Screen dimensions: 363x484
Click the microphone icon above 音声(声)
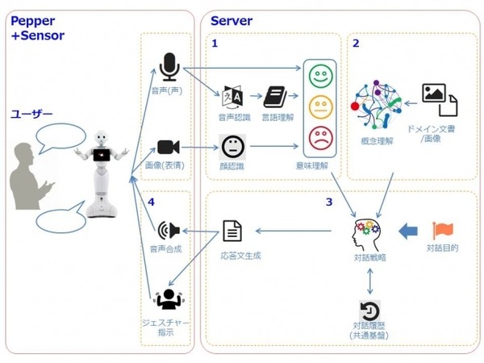coord(169,65)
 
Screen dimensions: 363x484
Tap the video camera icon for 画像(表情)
coord(168,147)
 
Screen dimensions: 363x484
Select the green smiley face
coord(320,77)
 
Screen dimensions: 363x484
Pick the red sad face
coord(320,135)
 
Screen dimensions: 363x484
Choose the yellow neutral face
coord(320,106)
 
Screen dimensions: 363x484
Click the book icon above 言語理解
coord(275,97)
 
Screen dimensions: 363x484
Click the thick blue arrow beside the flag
coord(411,231)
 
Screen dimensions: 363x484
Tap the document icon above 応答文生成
coord(232,232)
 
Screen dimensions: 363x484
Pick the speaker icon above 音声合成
coord(169,231)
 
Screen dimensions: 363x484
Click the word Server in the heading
coord(231,20)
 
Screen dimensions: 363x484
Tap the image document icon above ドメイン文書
coord(440,99)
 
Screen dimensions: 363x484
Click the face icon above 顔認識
coord(232,147)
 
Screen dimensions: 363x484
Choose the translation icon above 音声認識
coord(232,98)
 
